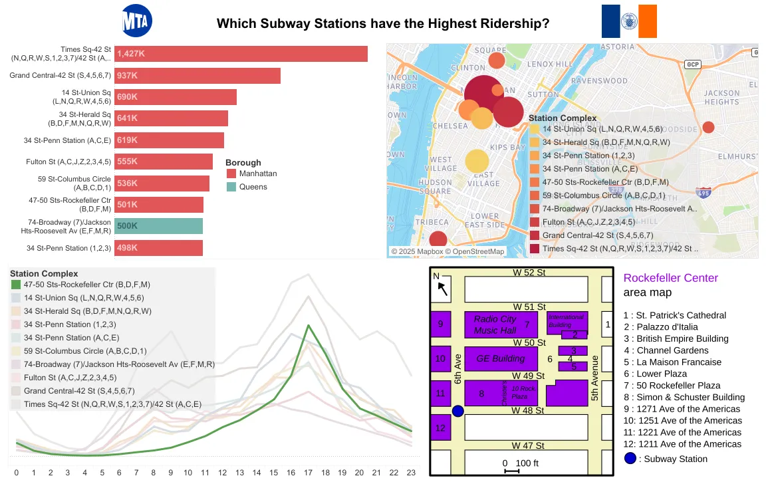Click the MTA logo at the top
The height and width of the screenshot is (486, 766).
[138, 21]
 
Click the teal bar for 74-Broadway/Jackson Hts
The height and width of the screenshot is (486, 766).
[158, 226]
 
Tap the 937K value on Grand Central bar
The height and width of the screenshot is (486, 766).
[127, 76]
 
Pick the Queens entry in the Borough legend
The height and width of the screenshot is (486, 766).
[253, 187]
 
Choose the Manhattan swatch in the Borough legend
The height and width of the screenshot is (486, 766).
[231, 174]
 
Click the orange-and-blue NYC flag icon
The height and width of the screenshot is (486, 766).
[629, 21]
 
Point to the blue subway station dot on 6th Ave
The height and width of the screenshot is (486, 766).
[457, 411]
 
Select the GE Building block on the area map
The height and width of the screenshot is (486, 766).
[500, 358]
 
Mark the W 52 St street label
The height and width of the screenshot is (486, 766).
[529, 273]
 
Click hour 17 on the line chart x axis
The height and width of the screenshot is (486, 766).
[308, 473]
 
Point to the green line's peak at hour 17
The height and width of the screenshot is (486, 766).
[308, 325]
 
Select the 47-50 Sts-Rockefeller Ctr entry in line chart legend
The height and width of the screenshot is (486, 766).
[86, 285]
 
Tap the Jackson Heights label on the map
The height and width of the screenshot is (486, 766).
[721, 98]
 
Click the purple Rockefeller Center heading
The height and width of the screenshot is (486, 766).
[670, 278]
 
